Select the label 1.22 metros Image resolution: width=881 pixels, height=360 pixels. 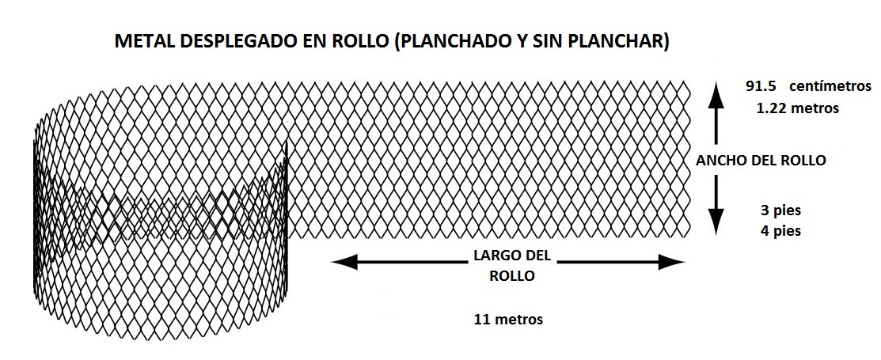click(797, 108)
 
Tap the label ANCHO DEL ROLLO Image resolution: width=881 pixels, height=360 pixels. click(761, 161)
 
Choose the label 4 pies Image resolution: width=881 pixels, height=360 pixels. click(781, 231)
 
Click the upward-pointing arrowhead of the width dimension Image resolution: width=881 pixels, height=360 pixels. click(716, 94)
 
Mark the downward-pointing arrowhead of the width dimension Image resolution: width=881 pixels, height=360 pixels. click(716, 222)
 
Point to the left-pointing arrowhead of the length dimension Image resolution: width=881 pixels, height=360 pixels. click(344, 262)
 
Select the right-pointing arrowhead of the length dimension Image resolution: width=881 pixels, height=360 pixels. click(672, 262)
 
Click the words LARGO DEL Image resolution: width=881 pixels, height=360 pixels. click(512, 256)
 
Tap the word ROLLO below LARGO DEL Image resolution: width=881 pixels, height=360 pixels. click(512, 276)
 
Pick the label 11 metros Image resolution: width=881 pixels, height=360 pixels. click(508, 320)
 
